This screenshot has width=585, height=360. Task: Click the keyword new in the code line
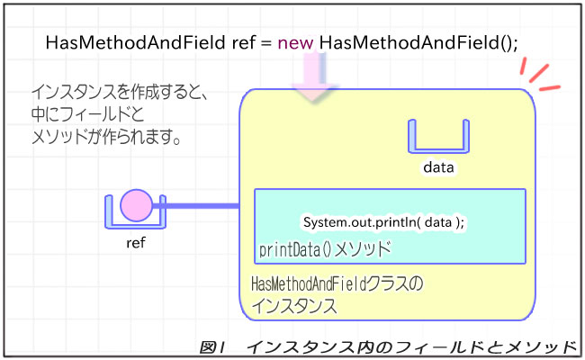[295, 42]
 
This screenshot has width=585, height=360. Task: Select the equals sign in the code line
[265, 42]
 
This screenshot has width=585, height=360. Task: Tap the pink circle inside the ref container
[137, 205]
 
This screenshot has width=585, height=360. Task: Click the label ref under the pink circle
[137, 241]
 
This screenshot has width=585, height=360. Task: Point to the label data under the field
[438, 167]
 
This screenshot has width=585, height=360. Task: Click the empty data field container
[438, 138]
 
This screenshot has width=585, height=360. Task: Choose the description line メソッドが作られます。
[106, 139]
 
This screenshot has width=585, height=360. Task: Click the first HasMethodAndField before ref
[135, 42]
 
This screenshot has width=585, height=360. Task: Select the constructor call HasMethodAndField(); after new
[418, 42]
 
